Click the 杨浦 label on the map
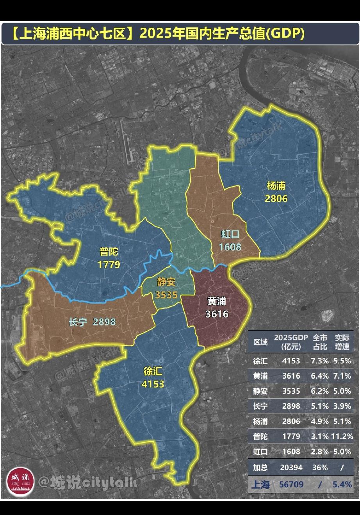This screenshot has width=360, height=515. (276, 186)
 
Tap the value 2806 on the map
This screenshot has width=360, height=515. (276, 198)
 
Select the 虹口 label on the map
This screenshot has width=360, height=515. (230, 234)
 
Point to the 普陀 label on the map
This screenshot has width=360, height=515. (109, 251)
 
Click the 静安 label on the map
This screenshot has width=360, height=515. (166, 282)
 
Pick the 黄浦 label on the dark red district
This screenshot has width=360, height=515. (217, 301)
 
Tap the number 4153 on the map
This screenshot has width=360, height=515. (153, 384)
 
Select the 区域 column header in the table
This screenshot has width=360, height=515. (260, 342)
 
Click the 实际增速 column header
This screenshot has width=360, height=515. (342, 342)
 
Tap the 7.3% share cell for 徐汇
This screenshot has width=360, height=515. (319, 361)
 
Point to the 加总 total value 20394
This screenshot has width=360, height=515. (291, 467)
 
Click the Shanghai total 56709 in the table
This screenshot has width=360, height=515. (291, 485)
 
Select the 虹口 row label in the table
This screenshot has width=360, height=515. (260, 452)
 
